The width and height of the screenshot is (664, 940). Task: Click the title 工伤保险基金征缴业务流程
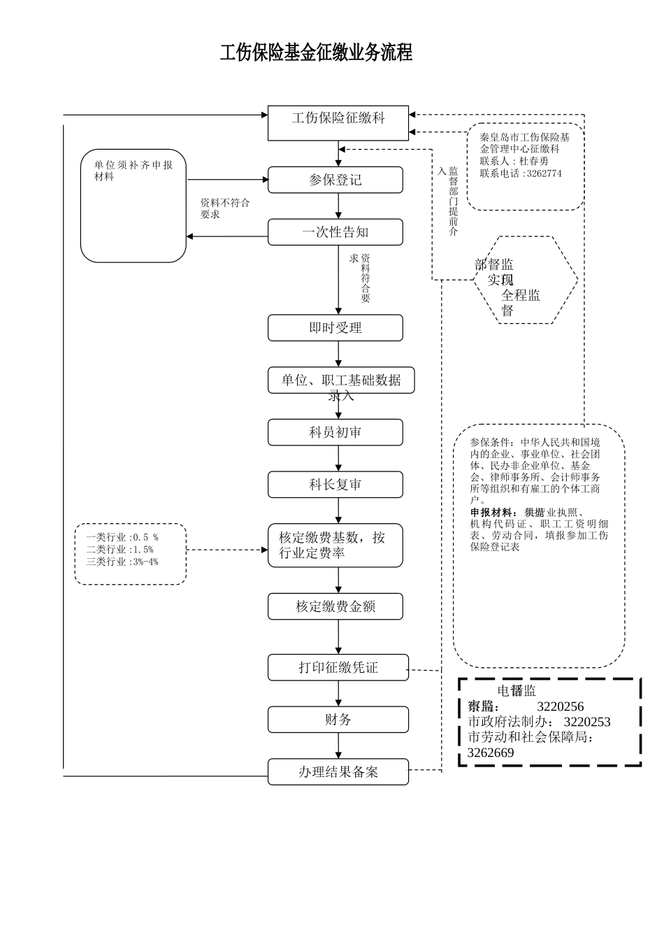click(x=316, y=52)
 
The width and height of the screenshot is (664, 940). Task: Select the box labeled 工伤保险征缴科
click(x=338, y=124)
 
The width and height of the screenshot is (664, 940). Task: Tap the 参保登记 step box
click(x=335, y=180)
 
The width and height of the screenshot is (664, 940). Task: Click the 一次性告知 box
click(x=335, y=232)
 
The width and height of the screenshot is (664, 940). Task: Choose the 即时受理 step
click(x=335, y=327)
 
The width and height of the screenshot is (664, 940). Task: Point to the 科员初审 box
click(x=335, y=432)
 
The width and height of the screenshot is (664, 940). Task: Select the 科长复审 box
click(x=335, y=485)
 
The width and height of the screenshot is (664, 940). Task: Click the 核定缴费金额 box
click(x=335, y=606)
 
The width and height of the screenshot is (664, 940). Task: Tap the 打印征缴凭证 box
click(x=338, y=668)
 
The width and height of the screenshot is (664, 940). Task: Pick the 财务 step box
click(x=338, y=720)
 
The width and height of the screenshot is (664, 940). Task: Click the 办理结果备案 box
click(x=338, y=772)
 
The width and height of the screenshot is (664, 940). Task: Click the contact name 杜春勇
click(x=534, y=161)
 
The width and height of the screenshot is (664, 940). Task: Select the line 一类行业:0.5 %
click(x=122, y=537)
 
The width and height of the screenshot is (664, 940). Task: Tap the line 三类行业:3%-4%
click(x=122, y=562)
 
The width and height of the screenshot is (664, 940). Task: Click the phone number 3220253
click(x=586, y=722)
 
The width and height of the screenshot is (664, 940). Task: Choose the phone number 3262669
click(x=491, y=753)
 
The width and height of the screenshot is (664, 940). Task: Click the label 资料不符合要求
click(x=224, y=208)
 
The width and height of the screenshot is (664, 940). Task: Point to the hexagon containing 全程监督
click(x=525, y=280)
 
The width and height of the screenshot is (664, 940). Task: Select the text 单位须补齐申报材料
click(x=133, y=171)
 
